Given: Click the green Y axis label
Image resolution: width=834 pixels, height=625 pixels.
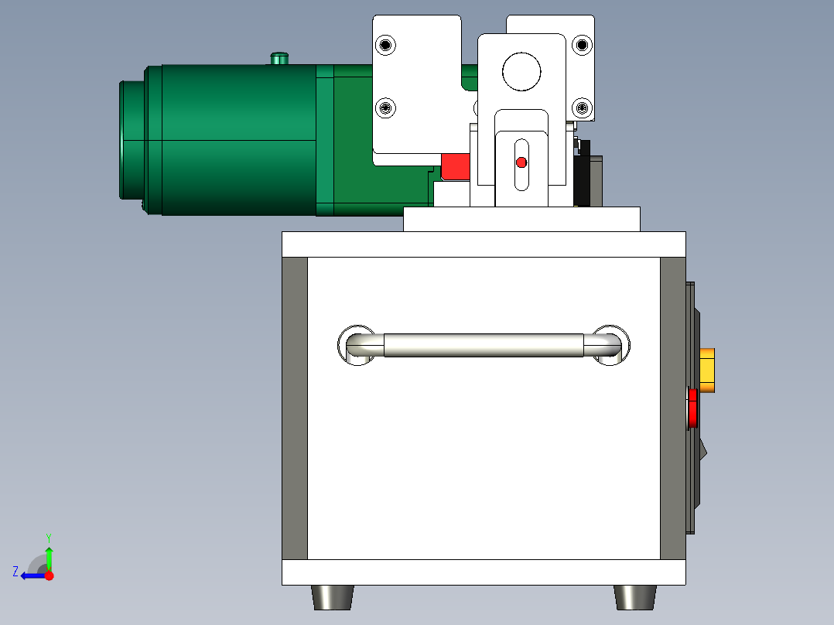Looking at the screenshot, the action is click(49, 538).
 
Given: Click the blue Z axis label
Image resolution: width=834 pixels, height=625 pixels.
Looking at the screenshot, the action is click(15, 572).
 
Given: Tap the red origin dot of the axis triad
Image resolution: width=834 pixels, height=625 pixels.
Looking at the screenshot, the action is click(50, 575).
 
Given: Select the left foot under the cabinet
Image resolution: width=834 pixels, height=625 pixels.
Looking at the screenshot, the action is click(333, 597).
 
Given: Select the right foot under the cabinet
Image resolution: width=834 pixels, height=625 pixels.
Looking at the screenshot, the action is click(635, 597).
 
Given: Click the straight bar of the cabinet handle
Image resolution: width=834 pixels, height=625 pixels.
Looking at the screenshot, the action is click(484, 345).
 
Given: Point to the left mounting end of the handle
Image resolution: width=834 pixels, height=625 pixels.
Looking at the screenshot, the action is click(357, 345).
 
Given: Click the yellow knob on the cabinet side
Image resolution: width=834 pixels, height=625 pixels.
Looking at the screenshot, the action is click(707, 371).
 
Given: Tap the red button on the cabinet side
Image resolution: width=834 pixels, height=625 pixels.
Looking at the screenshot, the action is click(692, 408).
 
